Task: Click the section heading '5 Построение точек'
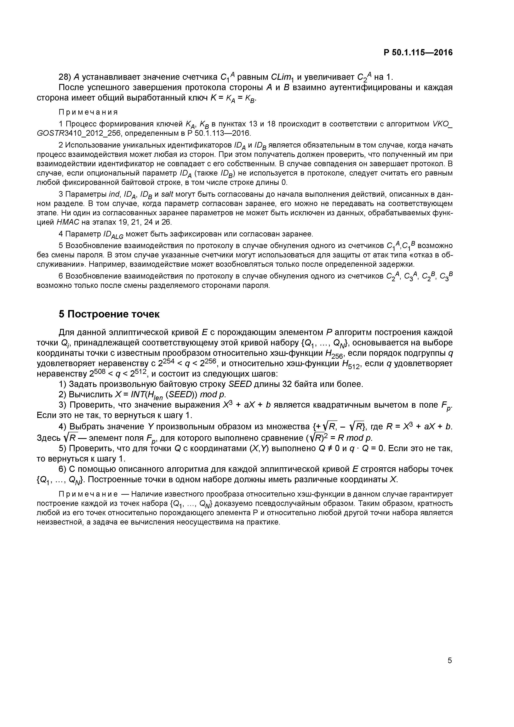click(x=109, y=314)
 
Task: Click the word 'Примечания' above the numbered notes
click(x=88, y=112)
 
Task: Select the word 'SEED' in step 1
click(x=240, y=384)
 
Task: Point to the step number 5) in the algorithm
click(x=63, y=449)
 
